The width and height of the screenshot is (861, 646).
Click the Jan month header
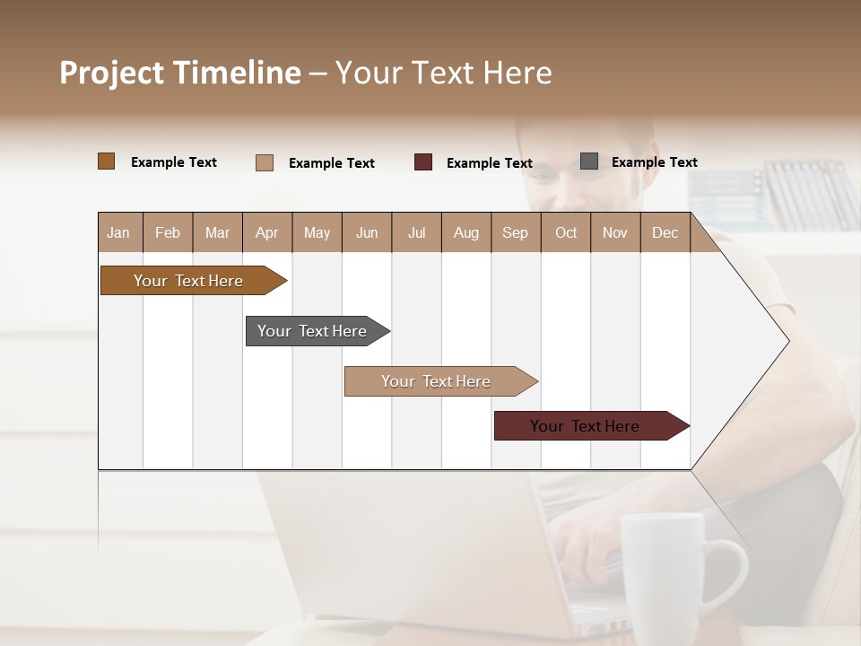(118, 232)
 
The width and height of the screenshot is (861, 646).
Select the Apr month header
(266, 232)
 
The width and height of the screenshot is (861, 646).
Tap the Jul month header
(416, 232)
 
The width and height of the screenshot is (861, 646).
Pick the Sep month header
(515, 232)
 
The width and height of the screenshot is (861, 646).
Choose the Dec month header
(665, 232)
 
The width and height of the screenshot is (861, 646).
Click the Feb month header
(168, 232)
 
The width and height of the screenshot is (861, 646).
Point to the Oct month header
(566, 232)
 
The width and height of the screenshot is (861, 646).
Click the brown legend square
(107, 161)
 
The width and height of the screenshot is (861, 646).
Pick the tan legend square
(265, 162)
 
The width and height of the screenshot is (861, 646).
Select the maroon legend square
(423, 162)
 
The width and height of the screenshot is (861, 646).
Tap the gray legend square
(589, 161)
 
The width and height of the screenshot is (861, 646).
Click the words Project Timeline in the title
(180, 73)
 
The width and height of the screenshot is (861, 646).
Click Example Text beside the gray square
(654, 162)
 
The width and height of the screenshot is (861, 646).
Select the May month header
(317, 232)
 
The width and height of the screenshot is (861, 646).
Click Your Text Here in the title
(443, 73)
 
